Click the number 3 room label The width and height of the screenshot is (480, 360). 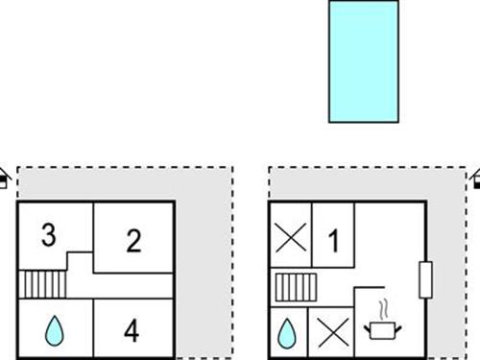point(47,234)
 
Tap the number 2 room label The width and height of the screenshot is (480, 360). point(133,240)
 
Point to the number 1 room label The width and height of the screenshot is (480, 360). point(333,240)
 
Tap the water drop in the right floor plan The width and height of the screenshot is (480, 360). point(286,332)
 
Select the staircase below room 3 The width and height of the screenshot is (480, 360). point(40,283)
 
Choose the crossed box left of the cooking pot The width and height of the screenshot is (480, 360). point(331,332)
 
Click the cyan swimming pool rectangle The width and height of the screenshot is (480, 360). point(363,61)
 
